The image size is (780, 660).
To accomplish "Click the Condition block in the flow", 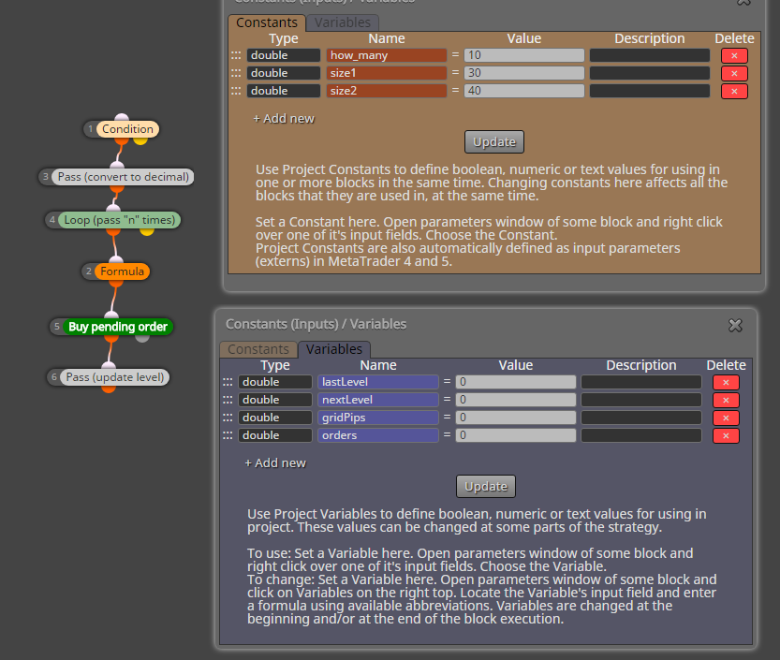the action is [x=128, y=129].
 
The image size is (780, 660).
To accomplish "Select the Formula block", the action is [x=122, y=271].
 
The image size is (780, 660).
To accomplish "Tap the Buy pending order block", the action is [x=118, y=327].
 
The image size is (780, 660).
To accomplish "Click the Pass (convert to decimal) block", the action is [x=123, y=177].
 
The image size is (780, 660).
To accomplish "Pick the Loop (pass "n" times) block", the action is [x=120, y=220].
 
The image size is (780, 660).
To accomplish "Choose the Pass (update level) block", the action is [x=115, y=377].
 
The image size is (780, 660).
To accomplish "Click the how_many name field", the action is [x=387, y=55].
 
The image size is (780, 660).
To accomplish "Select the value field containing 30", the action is [x=523, y=73].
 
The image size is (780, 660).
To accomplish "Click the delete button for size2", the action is [x=734, y=91].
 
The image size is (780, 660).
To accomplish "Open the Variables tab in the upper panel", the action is [x=343, y=22].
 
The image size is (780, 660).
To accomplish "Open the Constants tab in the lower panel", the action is [x=258, y=349].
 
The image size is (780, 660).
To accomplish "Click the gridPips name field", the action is [x=378, y=418].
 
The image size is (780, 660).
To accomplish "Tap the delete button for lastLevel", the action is [x=726, y=382].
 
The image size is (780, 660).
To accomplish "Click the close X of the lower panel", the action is [x=735, y=325].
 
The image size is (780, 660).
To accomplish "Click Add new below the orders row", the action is [x=275, y=463].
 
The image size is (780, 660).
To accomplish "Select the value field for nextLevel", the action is [x=515, y=400].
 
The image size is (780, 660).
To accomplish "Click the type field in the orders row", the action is [x=275, y=435].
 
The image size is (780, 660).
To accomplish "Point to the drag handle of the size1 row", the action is [x=236, y=73].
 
